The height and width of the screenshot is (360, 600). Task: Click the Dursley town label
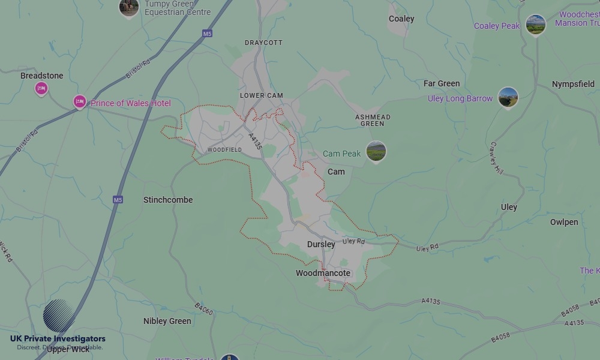(x=321, y=244)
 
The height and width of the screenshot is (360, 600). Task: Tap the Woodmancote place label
(x=323, y=273)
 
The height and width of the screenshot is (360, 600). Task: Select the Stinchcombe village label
(x=168, y=200)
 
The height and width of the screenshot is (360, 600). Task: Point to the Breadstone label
(x=41, y=76)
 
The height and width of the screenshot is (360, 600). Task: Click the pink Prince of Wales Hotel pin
(x=80, y=102)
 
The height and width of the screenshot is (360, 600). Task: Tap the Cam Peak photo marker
(x=376, y=151)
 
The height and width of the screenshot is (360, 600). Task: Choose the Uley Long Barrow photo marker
(x=508, y=97)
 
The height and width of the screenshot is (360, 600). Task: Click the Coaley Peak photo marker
(x=535, y=25)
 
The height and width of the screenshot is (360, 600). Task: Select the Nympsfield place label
(x=573, y=85)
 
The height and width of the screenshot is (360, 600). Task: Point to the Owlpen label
(x=564, y=222)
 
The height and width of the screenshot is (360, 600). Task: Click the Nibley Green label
(x=167, y=321)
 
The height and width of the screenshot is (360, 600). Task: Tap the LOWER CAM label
(x=261, y=95)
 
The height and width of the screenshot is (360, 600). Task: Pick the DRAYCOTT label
(x=263, y=43)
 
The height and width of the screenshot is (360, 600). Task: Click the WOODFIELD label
(x=224, y=149)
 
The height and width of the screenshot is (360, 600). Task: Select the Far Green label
(x=442, y=83)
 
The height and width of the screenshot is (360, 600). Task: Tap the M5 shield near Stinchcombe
(x=118, y=199)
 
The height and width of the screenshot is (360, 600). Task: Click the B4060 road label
(x=204, y=308)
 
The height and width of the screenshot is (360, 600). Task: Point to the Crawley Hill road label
(x=496, y=158)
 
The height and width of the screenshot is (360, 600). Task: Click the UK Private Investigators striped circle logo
(x=58, y=316)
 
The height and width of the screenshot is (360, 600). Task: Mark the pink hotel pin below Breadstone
(x=41, y=89)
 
